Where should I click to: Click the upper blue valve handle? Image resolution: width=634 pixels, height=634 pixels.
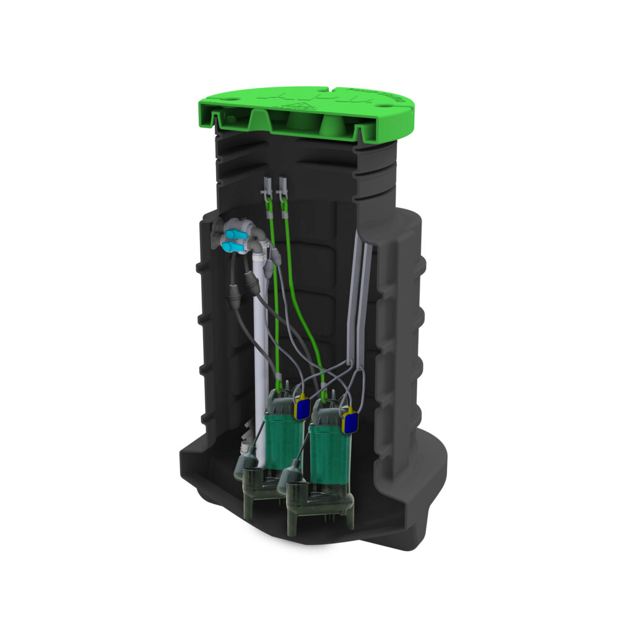(x=233, y=235)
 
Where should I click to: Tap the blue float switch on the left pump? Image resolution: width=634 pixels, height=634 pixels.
(x=303, y=409)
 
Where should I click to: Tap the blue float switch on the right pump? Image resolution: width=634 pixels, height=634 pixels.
(x=350, y=423)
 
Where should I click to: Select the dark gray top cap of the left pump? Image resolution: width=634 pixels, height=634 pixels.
(x=281, y=403)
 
